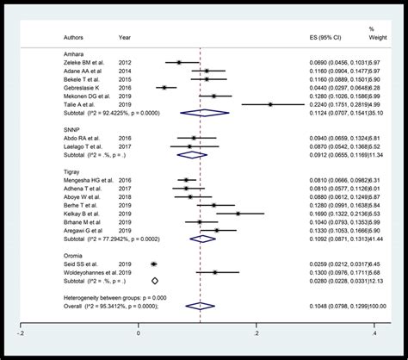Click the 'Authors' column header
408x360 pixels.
point(75,37)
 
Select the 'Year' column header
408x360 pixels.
point(125,37)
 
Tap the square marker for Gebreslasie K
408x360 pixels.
point(164,87)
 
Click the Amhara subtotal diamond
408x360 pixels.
point(204,112)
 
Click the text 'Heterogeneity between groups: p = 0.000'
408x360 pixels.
point(105,296)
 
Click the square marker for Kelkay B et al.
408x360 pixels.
point(238,213)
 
